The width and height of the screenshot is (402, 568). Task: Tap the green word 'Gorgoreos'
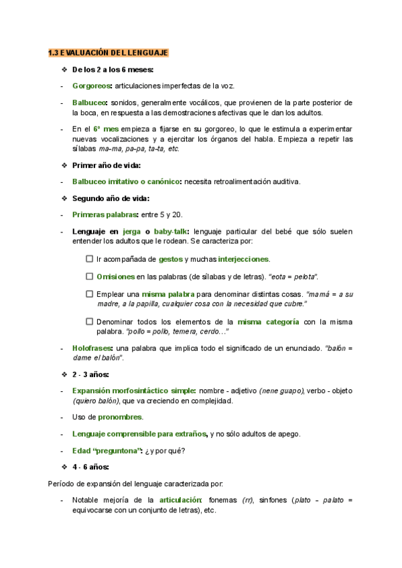[92, 86]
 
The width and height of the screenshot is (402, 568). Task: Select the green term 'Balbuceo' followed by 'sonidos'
[90, 103]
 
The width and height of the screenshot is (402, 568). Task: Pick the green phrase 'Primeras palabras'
[105, 215]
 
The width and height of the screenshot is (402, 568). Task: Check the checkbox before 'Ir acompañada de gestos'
[90, 259]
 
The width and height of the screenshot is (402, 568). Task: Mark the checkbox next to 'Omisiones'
[90, 276]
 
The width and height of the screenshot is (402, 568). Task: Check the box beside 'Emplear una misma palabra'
[90, 293]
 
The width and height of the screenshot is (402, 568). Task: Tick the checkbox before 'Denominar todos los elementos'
[90, 322]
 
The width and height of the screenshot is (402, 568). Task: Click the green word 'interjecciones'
[243, 259]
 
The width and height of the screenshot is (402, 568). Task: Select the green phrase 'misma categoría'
[268, 322]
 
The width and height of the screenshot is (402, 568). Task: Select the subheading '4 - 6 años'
[94, 467]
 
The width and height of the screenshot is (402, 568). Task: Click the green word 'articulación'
[180, 500]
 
